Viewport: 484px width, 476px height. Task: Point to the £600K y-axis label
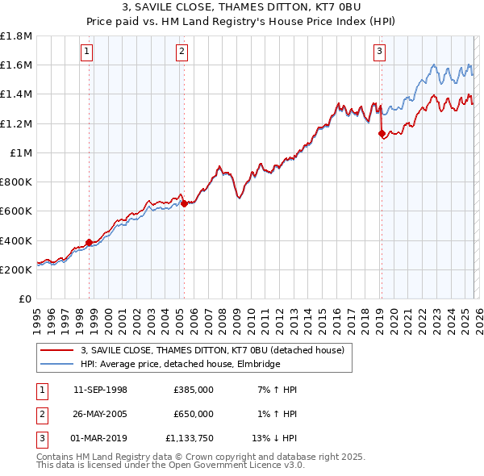pyautogui.click(x=16, y=211)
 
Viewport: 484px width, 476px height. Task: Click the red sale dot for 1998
pyautogui.click(x=89, y=242)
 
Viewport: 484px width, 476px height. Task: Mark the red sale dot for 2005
pyautogui.click(x=185, y=203)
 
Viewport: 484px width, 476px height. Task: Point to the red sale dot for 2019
pyautogui.click(x=382, y=134)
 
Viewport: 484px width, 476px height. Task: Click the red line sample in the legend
pyautogui.click(x=58, y=350)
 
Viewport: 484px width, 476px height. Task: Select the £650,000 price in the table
pyautogui.click(x=194, y=413)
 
